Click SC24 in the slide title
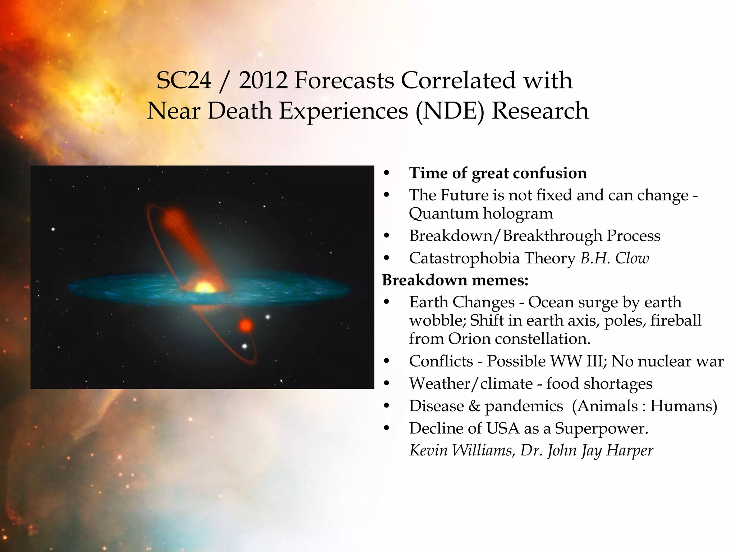[184, 80]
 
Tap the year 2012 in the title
[263, 80]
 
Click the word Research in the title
[540, 111]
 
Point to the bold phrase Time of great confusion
[498, 173]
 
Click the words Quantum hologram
[480, 213]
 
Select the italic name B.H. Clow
[615, 258]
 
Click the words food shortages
[599, 384]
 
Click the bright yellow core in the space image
[204, 288]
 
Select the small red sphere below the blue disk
[246, 326]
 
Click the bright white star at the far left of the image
[53, 229]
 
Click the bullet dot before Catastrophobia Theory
[386, 258]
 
